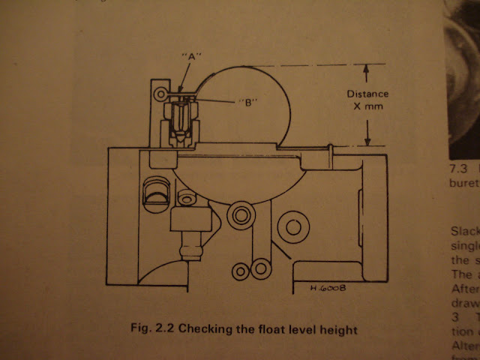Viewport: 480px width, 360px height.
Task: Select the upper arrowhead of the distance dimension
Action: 366,70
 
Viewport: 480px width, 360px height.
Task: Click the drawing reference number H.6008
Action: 328,286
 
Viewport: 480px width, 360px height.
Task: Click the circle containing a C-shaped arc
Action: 295,226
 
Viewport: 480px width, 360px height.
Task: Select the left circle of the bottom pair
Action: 240,268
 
